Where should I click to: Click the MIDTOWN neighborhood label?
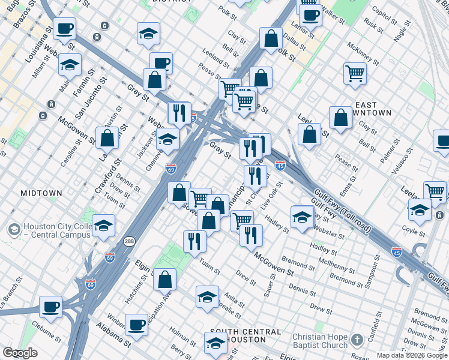[x=41, y=193]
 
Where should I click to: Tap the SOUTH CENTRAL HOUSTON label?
[x=243, y=335]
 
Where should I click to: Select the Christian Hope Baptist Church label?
[x=320, y=341]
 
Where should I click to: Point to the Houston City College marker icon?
[x=13, y=229]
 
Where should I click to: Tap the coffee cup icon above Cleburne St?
[x=51, y=307]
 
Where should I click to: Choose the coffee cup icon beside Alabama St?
[x=137, y=325]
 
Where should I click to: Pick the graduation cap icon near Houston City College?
[x=103, y=226]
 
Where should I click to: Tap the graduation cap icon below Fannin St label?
[x=70, y=65]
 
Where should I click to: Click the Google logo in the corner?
[x=20, y=353]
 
